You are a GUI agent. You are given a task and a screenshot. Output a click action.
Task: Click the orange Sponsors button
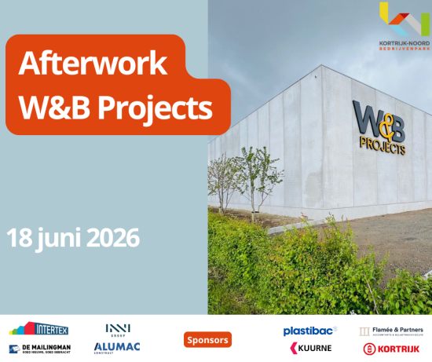207,340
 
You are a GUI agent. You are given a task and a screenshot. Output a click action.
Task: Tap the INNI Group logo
118,329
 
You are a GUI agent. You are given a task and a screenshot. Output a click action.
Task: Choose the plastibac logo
310,331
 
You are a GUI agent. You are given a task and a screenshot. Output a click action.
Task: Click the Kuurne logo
311,348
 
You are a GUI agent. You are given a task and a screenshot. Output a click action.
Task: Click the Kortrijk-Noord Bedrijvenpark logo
403,27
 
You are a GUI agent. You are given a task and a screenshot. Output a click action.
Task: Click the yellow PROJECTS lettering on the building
382,145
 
